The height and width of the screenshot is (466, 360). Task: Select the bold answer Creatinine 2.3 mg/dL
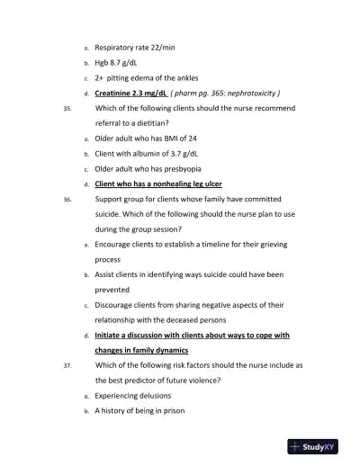pos(131,93)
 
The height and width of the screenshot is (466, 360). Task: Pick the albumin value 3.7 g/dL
pos(189,153)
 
